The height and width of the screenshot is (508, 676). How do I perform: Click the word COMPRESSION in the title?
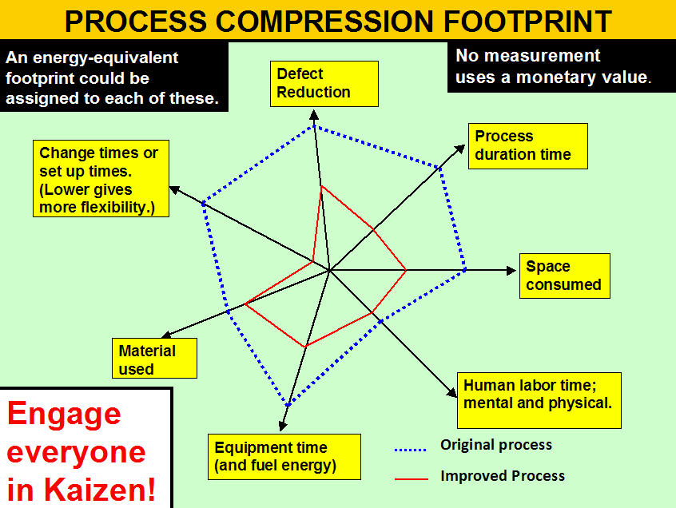point(324,21)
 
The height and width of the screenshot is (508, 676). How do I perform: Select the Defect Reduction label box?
point(324,84)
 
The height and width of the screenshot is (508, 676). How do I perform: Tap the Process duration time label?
point(527,146)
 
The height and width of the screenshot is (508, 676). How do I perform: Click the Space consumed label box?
point(565,276)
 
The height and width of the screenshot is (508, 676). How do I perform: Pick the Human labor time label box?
point(539,400)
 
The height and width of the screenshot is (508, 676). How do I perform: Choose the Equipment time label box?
point(284,457)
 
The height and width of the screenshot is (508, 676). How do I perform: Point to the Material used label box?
point(154,358)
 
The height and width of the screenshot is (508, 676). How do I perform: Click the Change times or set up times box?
point(101,178)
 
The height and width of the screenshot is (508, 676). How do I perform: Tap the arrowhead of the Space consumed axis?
point(511,270)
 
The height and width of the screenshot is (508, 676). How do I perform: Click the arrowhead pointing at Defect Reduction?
point(314,114)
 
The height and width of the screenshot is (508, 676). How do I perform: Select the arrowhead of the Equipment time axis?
point(282,426)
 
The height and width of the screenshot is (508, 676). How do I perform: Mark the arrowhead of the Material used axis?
point(166,335)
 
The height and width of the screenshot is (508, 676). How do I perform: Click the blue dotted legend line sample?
point(411,450)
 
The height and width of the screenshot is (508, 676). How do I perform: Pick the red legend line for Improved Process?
point(412,478)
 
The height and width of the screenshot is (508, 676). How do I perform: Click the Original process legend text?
point(495,445)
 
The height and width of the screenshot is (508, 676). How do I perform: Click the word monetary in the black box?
point(559,77)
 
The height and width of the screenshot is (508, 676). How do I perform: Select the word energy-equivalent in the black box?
point(105,58)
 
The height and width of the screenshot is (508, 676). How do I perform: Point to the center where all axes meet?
point(329,271)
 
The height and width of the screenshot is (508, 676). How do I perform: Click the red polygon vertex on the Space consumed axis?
point(406,270)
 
